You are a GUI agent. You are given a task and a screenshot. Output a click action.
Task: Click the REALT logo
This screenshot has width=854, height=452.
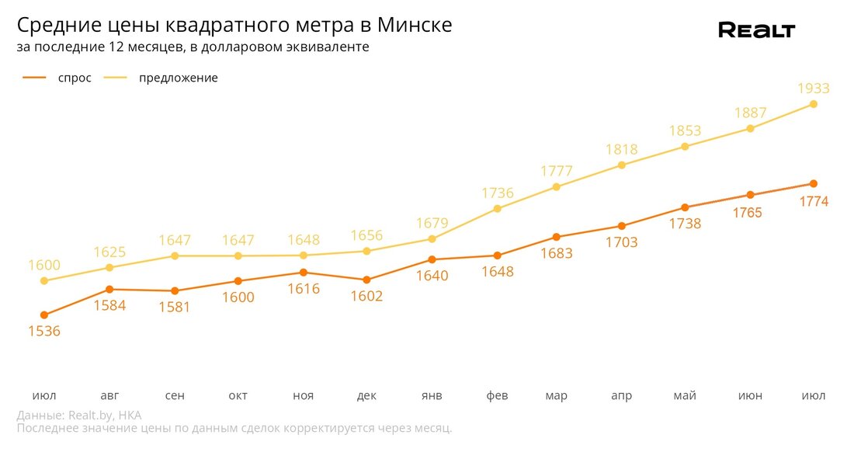click(x=756, y=30)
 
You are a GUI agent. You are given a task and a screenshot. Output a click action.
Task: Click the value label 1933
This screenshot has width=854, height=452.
click(x=814, y=89)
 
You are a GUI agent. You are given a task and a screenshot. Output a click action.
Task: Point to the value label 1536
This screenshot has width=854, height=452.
click(x=44, y=331)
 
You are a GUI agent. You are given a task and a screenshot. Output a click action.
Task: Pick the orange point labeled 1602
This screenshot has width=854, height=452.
click(x=366, y=280)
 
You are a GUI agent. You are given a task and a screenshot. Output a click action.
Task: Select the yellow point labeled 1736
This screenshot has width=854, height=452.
click(x=498, y=209)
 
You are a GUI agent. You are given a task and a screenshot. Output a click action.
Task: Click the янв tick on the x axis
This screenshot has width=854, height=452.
click(x=432, y=396)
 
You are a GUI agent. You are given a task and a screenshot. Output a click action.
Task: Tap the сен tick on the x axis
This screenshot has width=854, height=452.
click(x=175, y=396)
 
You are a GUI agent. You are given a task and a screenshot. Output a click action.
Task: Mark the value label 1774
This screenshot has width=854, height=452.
click(x=814, y=202)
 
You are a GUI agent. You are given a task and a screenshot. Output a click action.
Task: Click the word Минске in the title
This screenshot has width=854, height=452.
click(x=415, y=26)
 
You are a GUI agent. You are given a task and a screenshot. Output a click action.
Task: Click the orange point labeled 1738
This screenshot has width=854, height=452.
click(x=685, y=207)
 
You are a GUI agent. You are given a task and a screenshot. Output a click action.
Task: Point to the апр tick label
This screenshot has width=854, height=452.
click(x=621, y=396)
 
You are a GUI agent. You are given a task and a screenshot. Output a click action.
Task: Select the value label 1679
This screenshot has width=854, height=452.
click(x=432, y=224)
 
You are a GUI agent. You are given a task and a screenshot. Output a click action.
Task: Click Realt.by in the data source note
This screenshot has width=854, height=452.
click(x=90, y=415)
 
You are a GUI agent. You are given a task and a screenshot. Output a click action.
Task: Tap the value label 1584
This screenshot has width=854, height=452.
click(x=109, y=305)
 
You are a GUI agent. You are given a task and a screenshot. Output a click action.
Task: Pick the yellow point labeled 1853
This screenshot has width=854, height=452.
click(x=685, y=146)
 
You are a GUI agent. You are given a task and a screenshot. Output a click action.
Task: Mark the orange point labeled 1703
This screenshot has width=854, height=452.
click(x=621, y=226)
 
